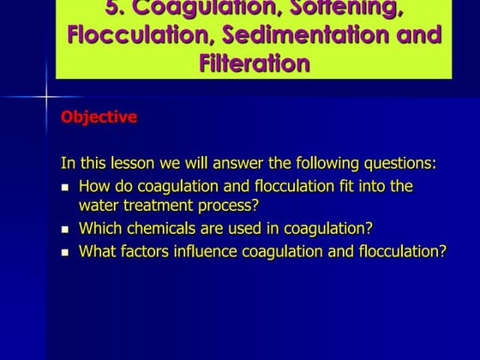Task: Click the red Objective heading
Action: coord(99,117)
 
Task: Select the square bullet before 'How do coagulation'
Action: coord(66,187)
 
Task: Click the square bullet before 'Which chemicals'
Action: coord(66,230)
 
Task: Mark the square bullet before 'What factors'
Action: coord(66,253)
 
